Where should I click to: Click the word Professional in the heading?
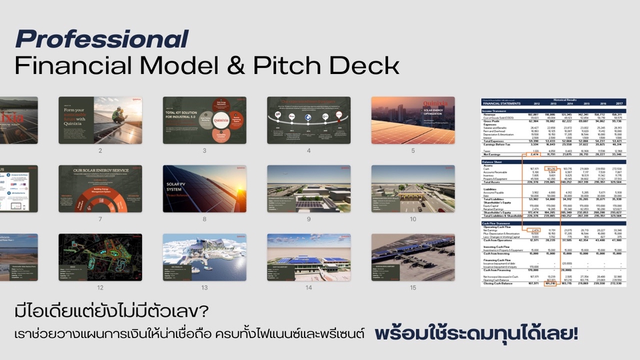(x=101, y=39)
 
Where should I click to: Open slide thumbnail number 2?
(x=100, y=120)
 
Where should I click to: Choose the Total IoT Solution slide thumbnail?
(x=204, y=120)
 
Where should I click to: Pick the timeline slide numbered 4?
(x=309, y=120)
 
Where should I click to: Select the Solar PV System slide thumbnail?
(x=204, y=189)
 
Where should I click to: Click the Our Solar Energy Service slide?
(x=100, y=189)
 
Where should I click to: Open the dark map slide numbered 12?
(x=100, y=257)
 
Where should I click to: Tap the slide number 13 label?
(x=204, y=287)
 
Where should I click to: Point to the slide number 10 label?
(x=413, y=219)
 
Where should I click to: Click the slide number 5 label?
(x=413, y=151)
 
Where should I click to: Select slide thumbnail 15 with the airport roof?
(x=413, y=257)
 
